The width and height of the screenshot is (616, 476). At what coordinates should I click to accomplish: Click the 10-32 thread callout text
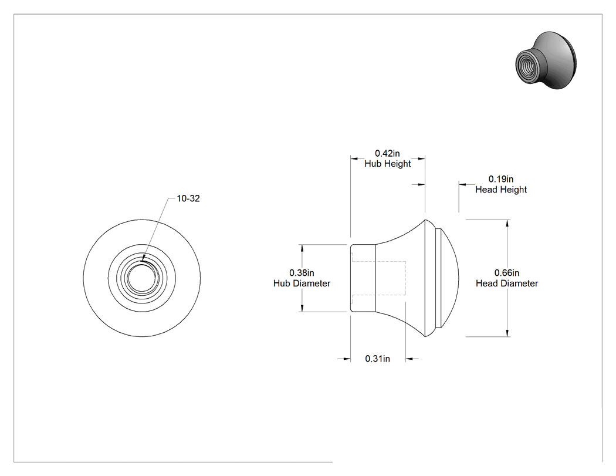point(188,198)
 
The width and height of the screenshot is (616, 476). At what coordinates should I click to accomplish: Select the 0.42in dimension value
point(387,153)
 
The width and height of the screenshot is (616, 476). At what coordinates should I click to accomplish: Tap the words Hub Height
point(387,164)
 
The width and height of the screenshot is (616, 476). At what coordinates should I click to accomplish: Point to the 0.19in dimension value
point(501,179)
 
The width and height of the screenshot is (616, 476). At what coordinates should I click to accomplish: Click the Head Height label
point(501,190)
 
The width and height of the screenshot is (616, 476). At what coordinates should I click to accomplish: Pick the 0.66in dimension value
point(507,273)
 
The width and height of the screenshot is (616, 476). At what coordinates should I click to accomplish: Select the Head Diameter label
point(507,283)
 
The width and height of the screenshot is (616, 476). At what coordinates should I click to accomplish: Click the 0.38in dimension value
point(302,273)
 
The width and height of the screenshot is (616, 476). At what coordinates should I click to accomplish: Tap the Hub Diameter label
point(302,283)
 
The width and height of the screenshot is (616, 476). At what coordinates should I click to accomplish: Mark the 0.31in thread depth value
point(378,359)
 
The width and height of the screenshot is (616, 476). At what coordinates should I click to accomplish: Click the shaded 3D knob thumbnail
point(546,60)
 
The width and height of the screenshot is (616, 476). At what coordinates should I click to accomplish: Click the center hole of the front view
point(141,278)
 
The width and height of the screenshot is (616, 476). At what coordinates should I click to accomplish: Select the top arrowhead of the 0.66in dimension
point(507,223)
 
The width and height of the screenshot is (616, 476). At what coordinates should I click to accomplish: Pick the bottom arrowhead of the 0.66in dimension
point(507,333)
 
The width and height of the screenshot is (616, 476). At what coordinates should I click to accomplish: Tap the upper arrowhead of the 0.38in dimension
point(302,248)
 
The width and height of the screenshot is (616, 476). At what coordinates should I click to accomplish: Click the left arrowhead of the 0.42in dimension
point(354,159)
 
